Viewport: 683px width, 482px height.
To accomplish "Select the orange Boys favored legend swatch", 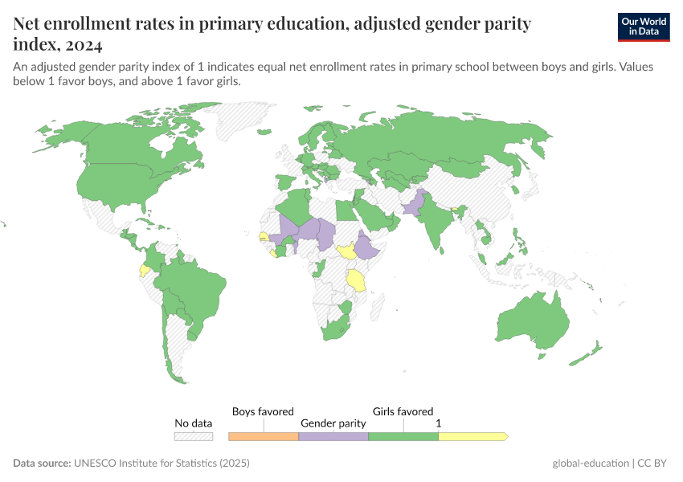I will [264, 436].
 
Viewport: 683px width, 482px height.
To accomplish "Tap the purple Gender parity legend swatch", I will [333, 436].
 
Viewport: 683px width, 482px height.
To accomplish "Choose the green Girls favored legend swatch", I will [403, 436].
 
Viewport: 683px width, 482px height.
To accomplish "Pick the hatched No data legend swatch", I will [194, 436].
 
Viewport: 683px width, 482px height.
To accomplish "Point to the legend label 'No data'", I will [194, 423].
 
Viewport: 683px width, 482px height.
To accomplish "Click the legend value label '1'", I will [438, 423].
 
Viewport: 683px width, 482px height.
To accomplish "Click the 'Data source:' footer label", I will [42, 464].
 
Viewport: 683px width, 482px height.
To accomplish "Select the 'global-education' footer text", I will [591, 464].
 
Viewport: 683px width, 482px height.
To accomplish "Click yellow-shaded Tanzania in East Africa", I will [356, 280].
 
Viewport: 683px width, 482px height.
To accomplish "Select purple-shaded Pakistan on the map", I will [413, 205].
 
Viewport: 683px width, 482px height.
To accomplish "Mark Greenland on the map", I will [241, 120].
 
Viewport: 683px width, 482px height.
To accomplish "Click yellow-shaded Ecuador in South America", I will [145, 270].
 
